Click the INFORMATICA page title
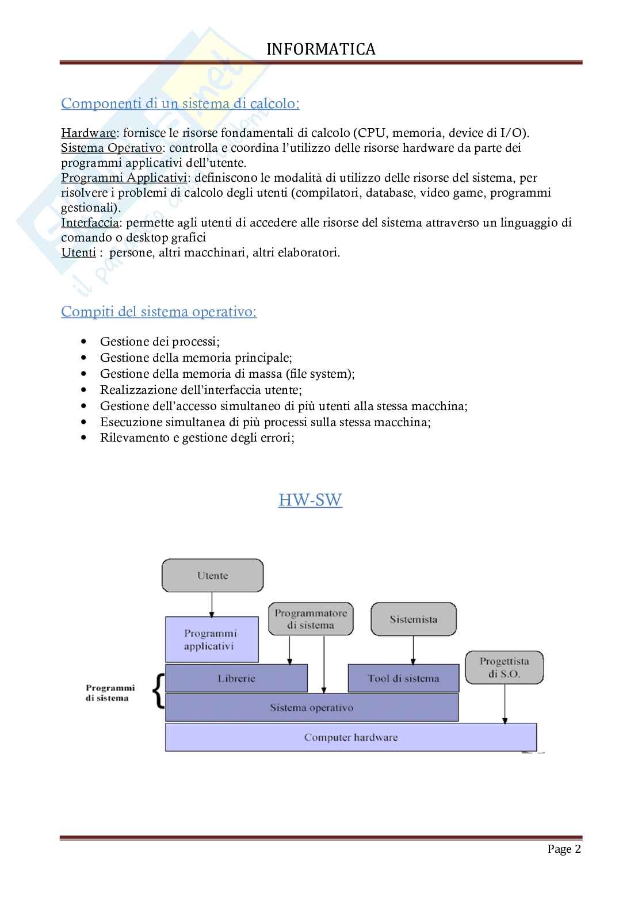321,49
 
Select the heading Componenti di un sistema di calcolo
180,104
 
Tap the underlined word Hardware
89,133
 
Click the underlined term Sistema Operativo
112,148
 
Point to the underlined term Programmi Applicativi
124,178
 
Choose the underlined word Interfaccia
90,223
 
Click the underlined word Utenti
78,252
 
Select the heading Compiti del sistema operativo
159,312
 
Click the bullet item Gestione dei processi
159,342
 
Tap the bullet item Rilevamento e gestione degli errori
197,438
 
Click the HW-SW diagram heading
310,500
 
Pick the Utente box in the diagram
213,575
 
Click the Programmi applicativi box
211,639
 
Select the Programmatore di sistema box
311,619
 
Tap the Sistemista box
413,619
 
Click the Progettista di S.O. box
504,667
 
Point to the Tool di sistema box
403,679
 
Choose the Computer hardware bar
350,737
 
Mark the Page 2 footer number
564,849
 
